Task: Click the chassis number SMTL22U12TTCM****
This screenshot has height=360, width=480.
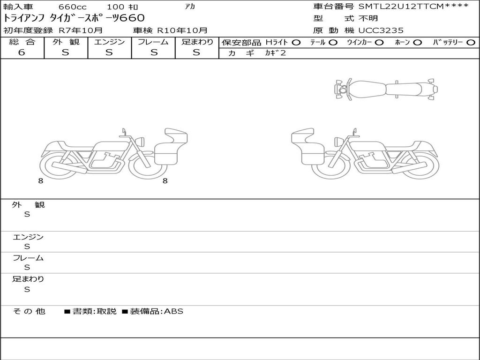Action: pyautogui.click(x=413, y=6)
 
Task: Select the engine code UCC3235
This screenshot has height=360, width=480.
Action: pyautogui.click(x=381, y=30)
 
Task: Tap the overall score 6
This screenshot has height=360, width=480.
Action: pyautogui.click(x=22, y=52)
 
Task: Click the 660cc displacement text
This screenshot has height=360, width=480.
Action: pyautogui.click(x=73, y=7)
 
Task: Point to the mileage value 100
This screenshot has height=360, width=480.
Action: pyautogui.click(x=115, y=7)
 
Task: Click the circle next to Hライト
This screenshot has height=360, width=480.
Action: pyautogui.click(x=296, y=43)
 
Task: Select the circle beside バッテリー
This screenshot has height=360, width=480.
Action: pyautogui.click(x=471, y=43)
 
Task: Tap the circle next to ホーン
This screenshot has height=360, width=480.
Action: pyautogui.click(x=418, y=43)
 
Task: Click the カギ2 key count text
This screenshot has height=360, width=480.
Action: pyautogui.click(x=276, y=53)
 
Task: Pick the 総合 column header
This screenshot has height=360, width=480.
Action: pyautogui.click(x=22, y=42)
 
